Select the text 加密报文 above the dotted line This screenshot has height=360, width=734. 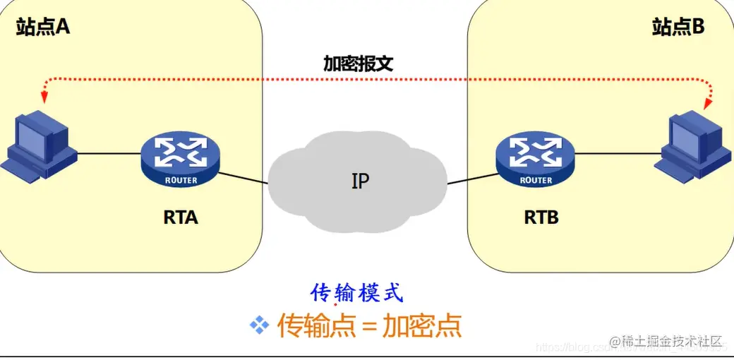point(358,64)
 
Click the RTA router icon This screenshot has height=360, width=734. point(181,159)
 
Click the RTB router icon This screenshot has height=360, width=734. point(535,159)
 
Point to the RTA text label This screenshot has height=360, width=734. point(181,217)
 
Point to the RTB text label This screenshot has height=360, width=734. point(541,217)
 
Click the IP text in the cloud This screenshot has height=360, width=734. point(360,181)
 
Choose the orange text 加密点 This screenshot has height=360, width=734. point(422,325)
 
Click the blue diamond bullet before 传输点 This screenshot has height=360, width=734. point(260,325)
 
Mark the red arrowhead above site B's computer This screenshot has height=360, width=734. point(706,104)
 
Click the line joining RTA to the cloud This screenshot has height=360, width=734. point(243,177)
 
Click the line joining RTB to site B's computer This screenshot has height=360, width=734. point(614,152)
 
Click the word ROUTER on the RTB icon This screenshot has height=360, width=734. point(536,180)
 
